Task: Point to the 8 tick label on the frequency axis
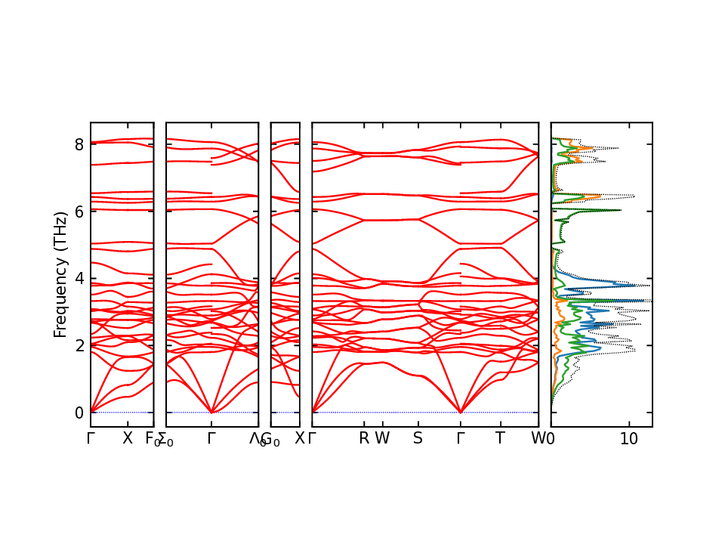click(x=78, y=144)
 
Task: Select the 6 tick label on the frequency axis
click(x=78, y=212)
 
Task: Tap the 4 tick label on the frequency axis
click(x=78, y=279)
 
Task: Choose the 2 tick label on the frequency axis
click(x=78, y=346)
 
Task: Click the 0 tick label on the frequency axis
click(x=78, y=413)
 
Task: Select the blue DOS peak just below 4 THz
click(x=648, y=286)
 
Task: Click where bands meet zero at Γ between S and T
click(x=460, y=413)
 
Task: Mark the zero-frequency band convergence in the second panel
click(x=211, y=413)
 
